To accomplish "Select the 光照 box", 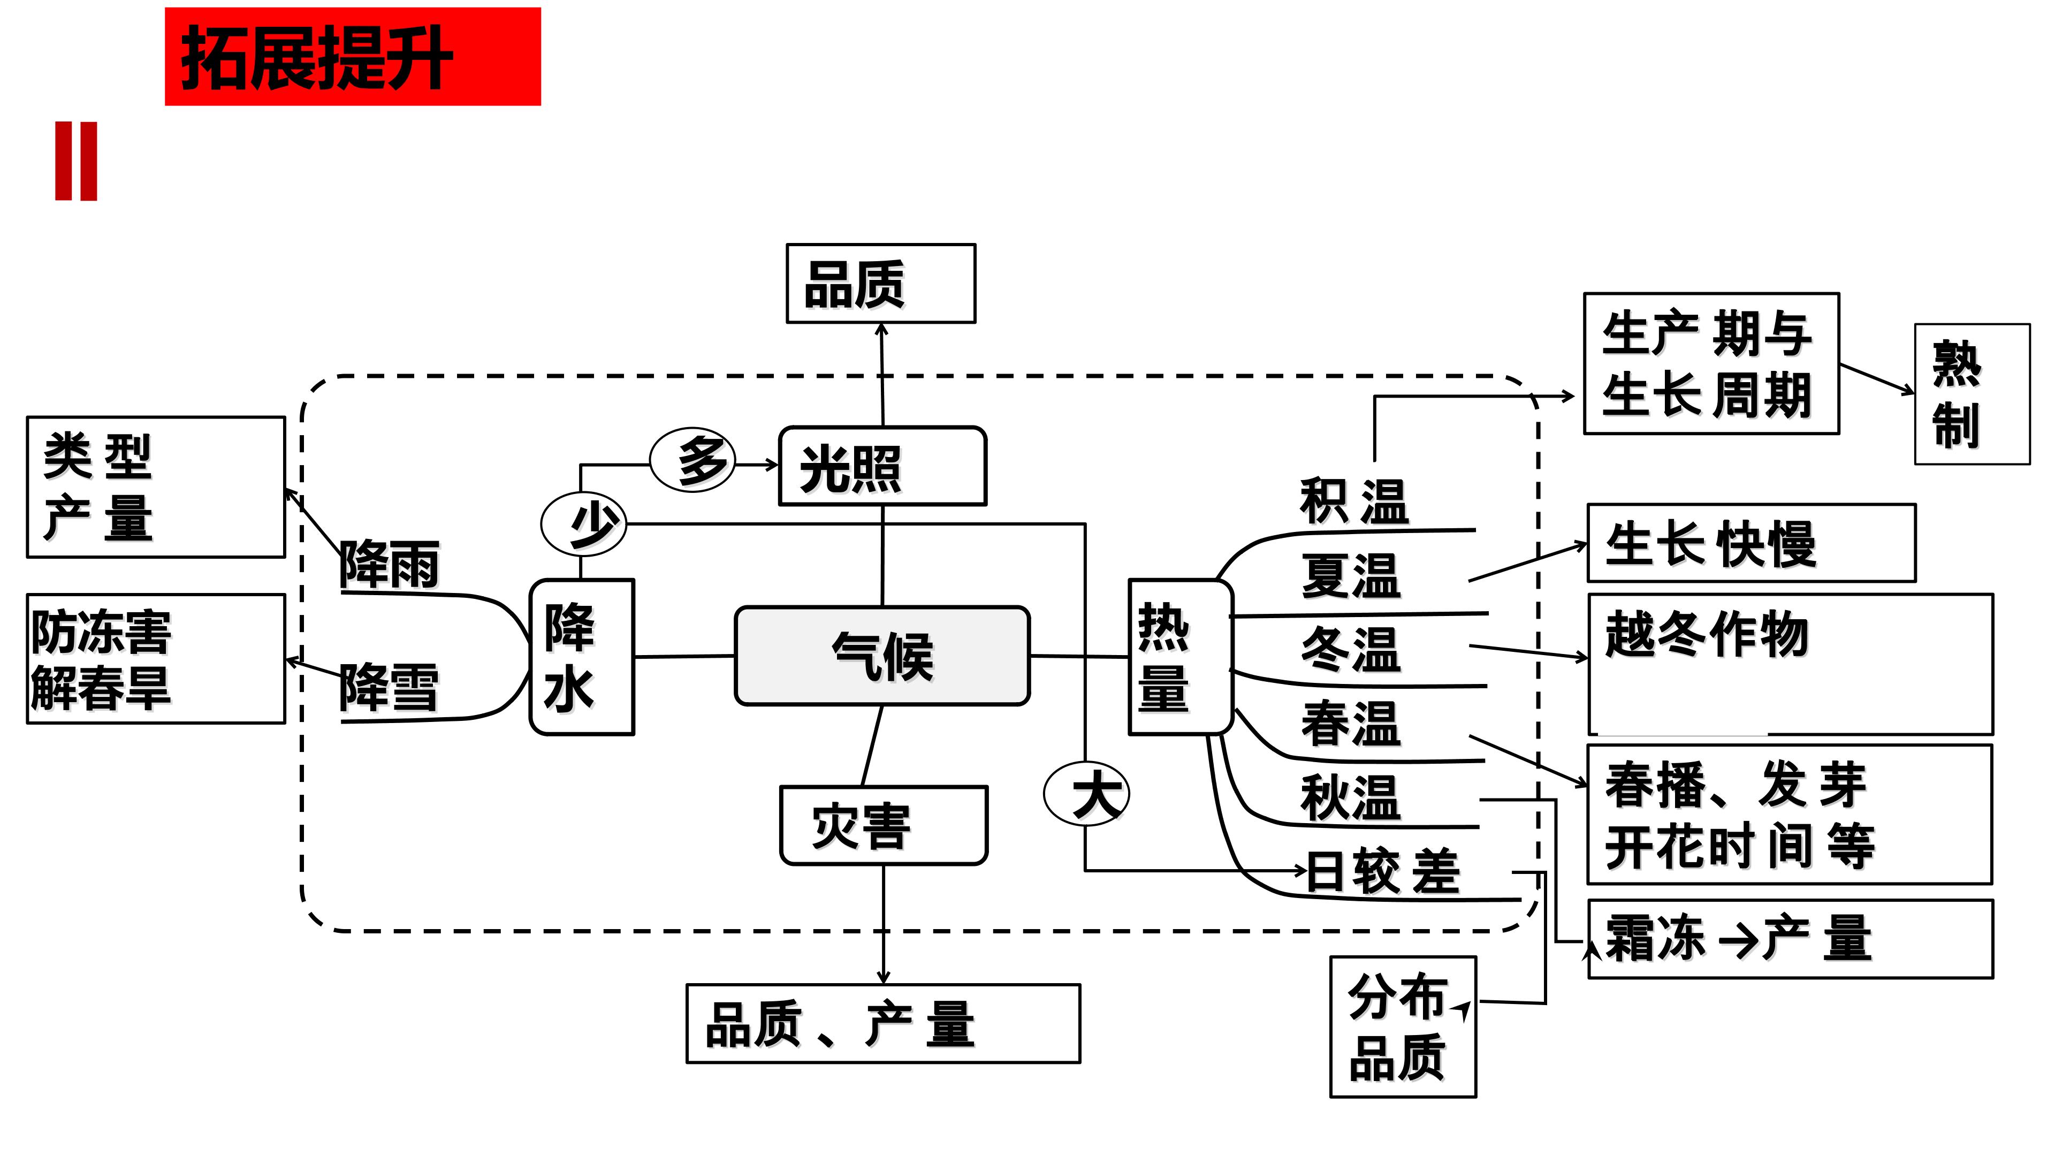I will [882, 467].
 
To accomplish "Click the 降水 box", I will [582, 657].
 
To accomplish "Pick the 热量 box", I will [1180, 657].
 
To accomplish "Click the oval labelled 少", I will [584, 524].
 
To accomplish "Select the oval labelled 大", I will [1086, 793].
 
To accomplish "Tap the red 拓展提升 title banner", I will [353, 57].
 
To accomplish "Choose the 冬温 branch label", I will [1351, 649].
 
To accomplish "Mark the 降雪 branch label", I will [389, 686].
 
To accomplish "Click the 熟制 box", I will [1971, 394].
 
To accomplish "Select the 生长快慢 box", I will [1750, 543].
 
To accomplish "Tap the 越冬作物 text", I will [1707, 634].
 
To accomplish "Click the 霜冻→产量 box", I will [1790, 939].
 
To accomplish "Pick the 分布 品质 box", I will [1403, 1027].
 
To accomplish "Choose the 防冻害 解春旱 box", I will [156, 659].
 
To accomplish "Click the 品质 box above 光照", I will [881, 284].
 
